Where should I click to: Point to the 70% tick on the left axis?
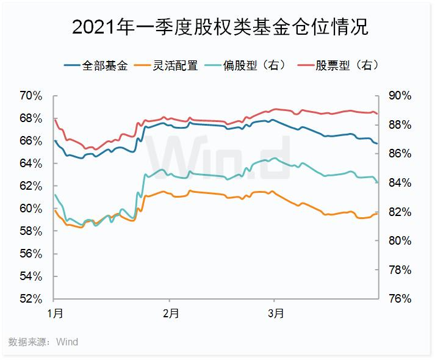coord(31,96)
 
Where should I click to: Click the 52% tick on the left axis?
coord(31,299)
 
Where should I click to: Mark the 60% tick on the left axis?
coord(31,209)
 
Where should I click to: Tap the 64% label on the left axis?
coord(31,164)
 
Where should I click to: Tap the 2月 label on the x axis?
coord(171,315)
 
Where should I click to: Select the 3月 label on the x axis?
coord(276,315)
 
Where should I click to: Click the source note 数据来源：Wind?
coord(43,342)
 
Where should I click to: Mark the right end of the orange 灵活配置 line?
coord(378,213)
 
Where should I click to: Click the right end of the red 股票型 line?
coord(378,113)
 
